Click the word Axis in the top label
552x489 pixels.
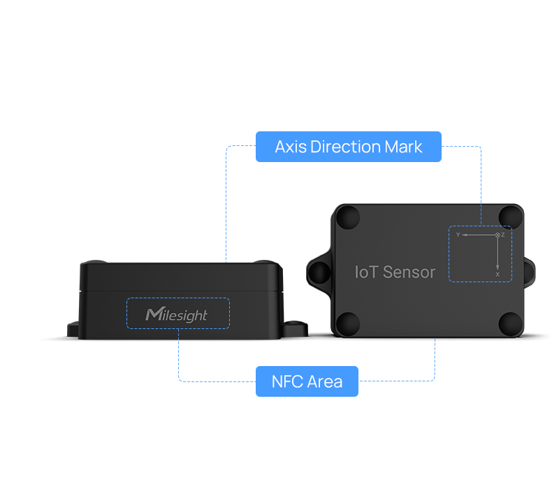[x=291, y=147]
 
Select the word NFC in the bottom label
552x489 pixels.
[x=287, y=382]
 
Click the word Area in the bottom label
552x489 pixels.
[x=325, y=382]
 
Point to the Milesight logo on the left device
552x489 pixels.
[x=177, y=315]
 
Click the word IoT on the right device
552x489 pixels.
[x=366, y=272]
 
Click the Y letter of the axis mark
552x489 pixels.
[x=458, y=235]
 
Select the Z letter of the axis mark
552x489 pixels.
[x=503, y=235]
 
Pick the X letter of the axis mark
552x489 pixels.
[x=497, y=275]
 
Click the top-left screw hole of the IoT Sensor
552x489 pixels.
[x=348, y=217]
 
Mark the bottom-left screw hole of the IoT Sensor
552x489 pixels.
[x=348, y=323]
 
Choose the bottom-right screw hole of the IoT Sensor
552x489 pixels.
[x=511, y=323]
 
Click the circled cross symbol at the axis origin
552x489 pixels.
[x=497, y=235]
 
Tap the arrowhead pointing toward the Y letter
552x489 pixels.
[x=465, y=235]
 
